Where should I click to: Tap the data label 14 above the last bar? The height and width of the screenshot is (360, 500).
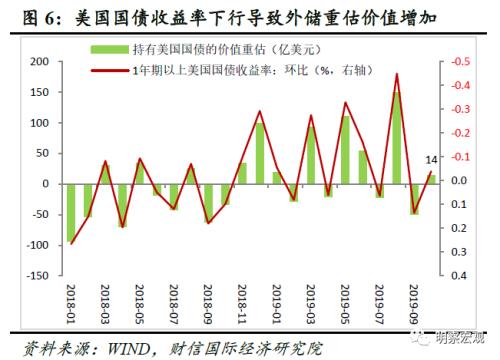point(431,160)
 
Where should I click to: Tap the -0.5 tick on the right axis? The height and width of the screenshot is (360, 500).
point(461,62)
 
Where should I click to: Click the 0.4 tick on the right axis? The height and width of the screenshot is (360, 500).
point(459,275)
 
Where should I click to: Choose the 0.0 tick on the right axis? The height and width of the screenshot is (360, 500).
point(459,181)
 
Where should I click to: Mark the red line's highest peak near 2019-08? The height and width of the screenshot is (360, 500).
point(397,73)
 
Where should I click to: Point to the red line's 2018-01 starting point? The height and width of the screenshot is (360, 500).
point(71,243)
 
